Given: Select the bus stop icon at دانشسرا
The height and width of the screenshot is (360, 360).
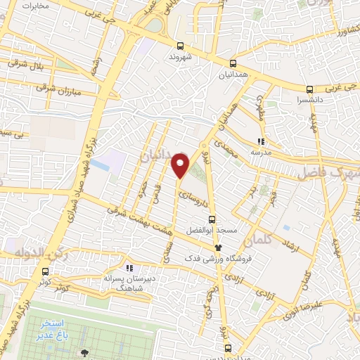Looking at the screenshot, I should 310,89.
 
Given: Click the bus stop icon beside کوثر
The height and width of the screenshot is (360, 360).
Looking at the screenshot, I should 46,271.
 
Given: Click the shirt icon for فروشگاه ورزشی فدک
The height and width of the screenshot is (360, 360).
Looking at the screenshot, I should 218,247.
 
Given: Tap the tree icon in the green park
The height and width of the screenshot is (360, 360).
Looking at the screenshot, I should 86,353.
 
